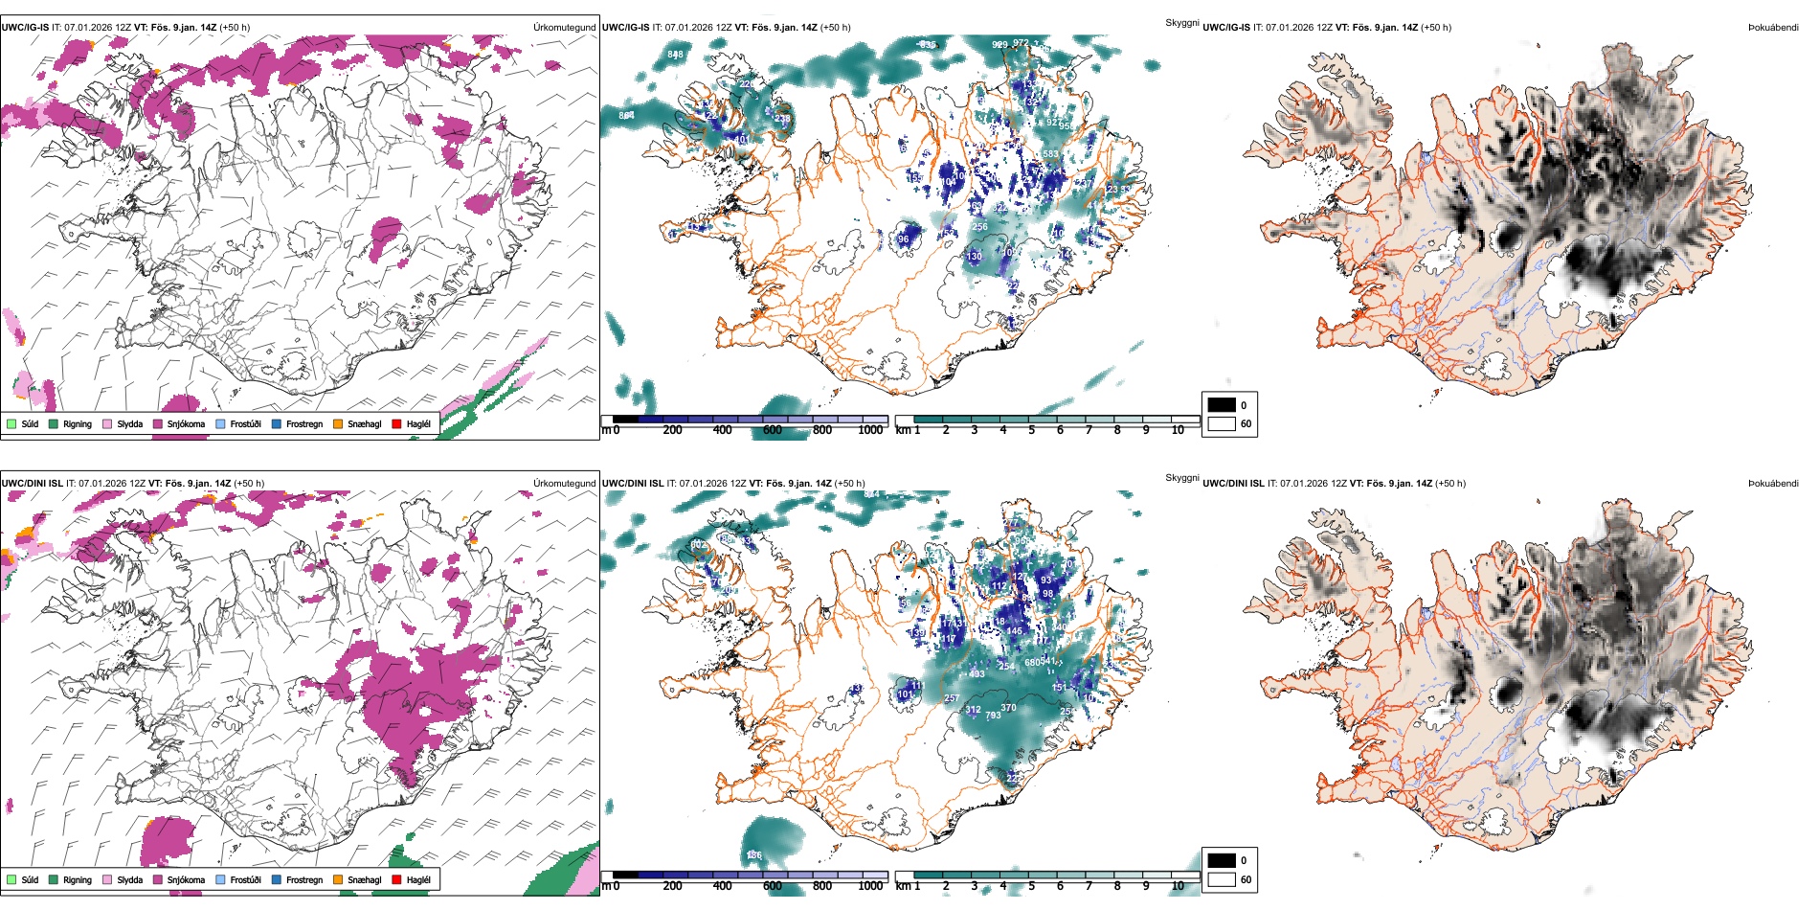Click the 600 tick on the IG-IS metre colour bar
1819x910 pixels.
(x=773, y=430)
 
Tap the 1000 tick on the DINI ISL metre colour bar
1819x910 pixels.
(x=870, y=886)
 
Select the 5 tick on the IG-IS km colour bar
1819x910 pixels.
(x=1032, y=430)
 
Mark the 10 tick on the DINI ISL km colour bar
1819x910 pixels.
(x=1178, y=886)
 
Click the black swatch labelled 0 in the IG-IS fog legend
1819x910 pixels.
(x=1222, y=405)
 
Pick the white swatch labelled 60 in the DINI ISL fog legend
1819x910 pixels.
(x=1222, y=879)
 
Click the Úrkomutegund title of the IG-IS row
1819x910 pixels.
(x=564, y=28)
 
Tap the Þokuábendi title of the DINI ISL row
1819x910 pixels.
(x=1773, y=484)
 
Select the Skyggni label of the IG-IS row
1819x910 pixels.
(x=1181, y=23)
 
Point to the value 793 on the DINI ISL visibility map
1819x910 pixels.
(x=993, y=716)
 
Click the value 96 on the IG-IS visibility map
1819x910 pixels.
(x=903, y=239)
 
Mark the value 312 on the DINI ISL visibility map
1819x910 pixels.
(x=973, y=710)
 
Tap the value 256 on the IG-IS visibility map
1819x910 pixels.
(x=979, y=227)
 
